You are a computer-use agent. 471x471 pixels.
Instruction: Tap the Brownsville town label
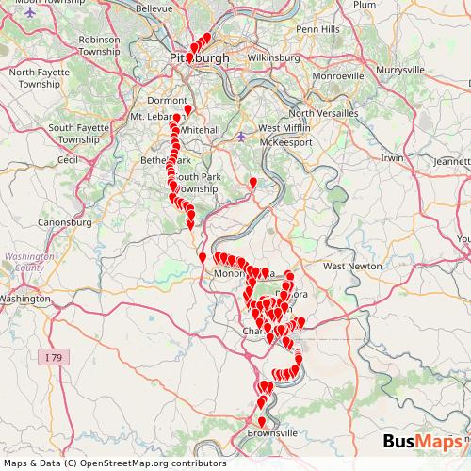coord(272,432)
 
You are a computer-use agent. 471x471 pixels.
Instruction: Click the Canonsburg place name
coord(63,223)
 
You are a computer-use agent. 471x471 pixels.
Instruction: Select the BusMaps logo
coord(423,442)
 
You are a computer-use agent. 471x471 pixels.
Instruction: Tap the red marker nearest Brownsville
coord(262,420)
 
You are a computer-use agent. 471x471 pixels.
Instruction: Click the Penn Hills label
coord(318,29)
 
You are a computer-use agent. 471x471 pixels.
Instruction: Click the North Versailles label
coord(326,113)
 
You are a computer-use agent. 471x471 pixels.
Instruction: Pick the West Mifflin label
coord(283,128)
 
